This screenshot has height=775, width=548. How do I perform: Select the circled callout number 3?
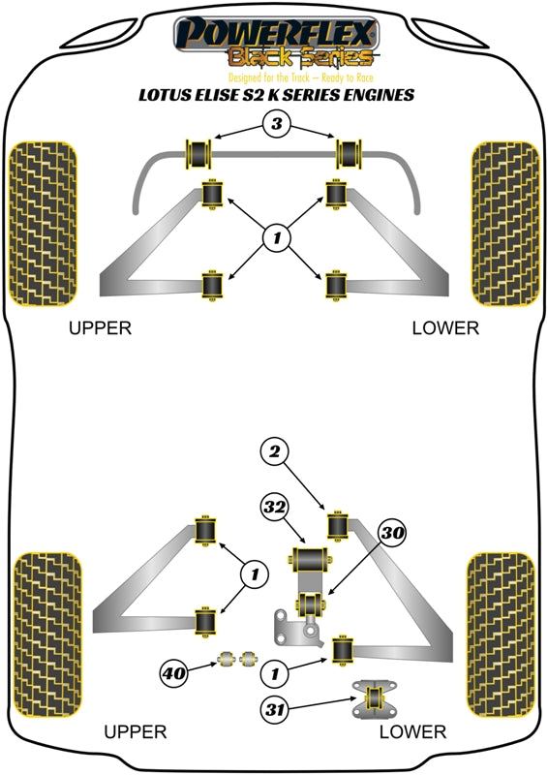click(x=275, y=124)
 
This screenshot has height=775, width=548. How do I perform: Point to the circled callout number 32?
click(x=274, y=508)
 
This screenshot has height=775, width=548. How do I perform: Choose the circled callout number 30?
click(x=393, y=532)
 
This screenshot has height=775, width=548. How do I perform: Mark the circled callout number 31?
click(x=276, y=709)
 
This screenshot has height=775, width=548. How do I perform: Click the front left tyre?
click(x=43, y=224)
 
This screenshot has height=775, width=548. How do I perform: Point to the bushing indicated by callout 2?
click(x=339, y=523)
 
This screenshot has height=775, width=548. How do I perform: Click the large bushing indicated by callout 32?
click(x=310, y=560)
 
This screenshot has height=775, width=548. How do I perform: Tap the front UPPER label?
click(x=100, y=328)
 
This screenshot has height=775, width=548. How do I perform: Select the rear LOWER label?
click(x=412, y=732)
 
